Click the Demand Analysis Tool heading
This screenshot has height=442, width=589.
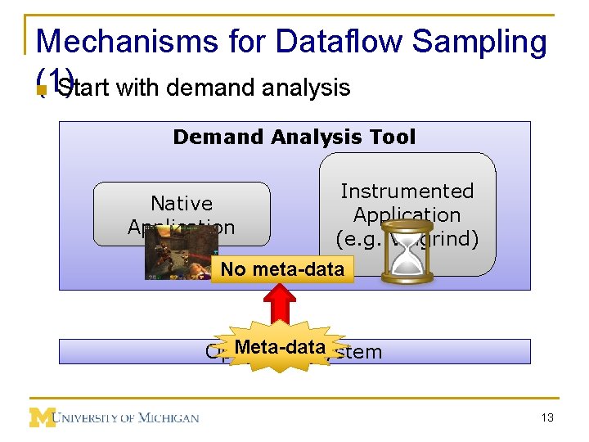click(x=294, y=137)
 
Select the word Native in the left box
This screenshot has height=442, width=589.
click(x=181, y=203)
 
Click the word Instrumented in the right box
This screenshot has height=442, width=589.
click(x=407, y=191)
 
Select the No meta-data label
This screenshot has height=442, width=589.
click(x=282, y=269)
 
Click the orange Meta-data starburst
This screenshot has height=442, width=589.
click(x=280, y=347)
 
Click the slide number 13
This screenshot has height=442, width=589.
click(x=547, y=417)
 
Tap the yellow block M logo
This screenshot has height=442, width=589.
click(x=42, y=417)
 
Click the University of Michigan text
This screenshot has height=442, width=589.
click(x=127, y=418)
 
